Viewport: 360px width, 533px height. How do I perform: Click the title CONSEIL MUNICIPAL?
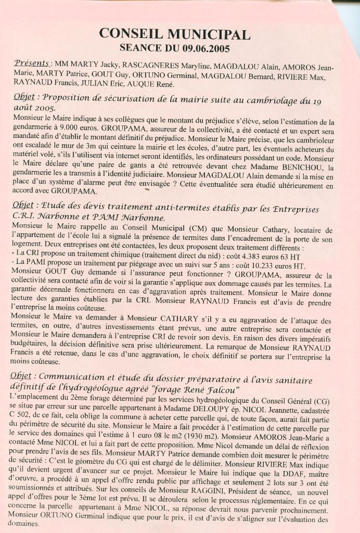point(175,34)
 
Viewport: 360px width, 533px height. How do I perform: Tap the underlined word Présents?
point(32,63)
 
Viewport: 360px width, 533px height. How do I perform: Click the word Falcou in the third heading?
point(221,390)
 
